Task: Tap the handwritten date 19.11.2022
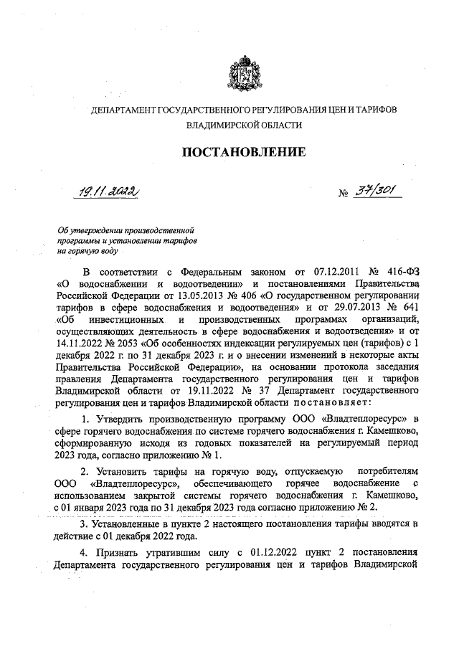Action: (109, 191)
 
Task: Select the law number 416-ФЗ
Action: (404, 273)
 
